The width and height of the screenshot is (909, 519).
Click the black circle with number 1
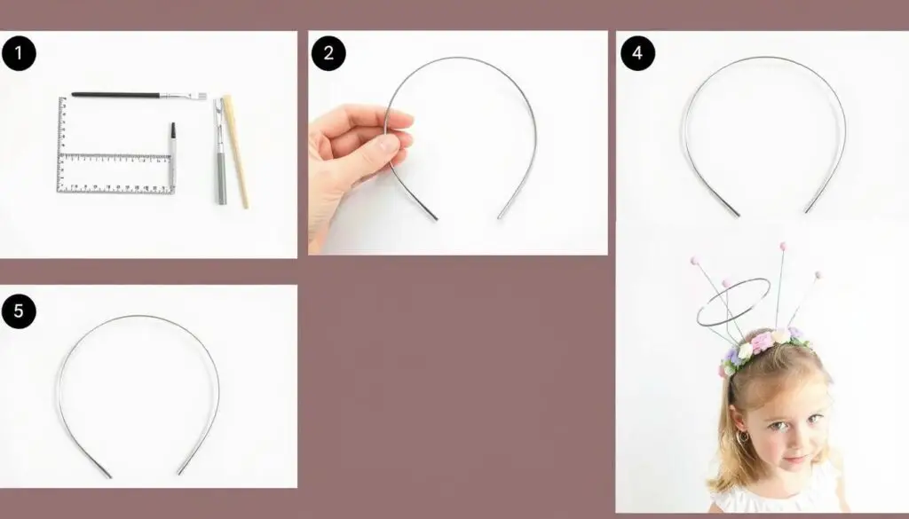click(19, 53)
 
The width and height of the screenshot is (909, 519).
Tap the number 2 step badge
click(328, 53)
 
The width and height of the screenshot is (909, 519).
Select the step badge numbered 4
click(637, 53)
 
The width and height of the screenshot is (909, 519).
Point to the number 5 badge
click(19, 311)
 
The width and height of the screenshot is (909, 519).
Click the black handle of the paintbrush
click(116, 94)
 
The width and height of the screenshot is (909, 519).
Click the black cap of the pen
click(173, 130)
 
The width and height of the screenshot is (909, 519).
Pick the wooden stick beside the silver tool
click(236, 152)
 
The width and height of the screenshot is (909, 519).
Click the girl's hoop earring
click(744, 436)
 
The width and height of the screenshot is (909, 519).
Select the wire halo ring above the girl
click(733, 302)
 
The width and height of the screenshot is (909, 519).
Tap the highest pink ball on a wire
click(783, 246)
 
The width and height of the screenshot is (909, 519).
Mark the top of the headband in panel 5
click(138, 317)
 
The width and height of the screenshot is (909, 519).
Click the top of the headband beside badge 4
click(763, 58)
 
